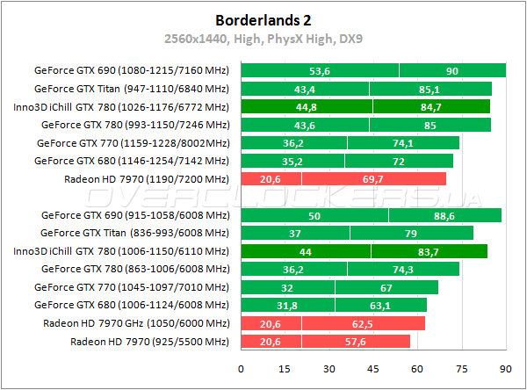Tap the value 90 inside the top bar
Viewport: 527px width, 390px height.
451,71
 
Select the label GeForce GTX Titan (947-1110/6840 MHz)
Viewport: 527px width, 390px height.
132,89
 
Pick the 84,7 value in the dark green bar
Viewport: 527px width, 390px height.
430,107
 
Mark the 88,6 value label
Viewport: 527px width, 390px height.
444,215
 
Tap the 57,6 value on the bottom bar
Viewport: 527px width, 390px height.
355,341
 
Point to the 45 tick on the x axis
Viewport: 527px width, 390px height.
372,369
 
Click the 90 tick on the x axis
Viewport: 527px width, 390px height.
505,369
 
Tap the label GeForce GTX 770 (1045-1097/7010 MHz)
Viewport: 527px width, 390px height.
132,286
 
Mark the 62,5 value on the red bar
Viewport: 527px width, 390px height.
363,323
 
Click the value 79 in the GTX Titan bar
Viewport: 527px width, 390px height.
411,233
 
